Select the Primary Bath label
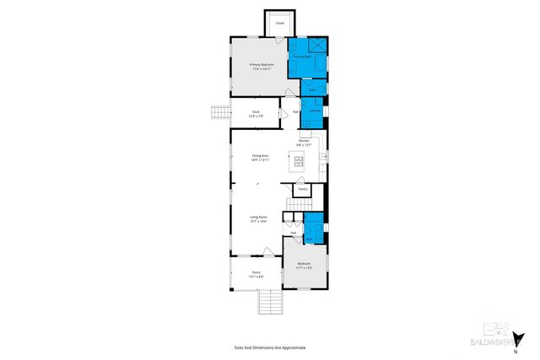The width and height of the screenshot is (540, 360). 302,56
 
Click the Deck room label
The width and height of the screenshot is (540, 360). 255,111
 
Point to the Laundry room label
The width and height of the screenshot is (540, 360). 313,110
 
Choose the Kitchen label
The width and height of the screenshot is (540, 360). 315,140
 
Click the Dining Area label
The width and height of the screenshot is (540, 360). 260,155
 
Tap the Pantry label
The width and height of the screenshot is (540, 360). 301,189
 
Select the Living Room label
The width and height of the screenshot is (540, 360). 259,218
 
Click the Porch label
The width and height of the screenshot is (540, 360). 256,272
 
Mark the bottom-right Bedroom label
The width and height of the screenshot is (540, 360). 304,264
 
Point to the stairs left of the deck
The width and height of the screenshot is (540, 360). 219,112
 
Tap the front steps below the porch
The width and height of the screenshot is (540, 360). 269,302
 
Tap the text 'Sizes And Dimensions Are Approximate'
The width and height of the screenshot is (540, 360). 270,347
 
